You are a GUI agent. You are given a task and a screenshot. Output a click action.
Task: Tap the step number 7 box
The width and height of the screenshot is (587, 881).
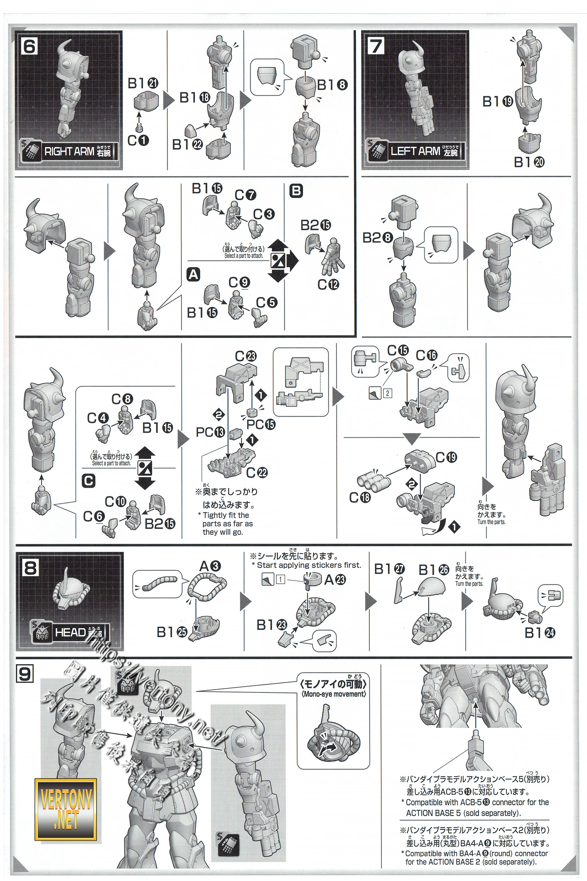[x=376, y=47]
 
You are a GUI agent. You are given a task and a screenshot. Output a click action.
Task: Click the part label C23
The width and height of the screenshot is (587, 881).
[x=245, y=355]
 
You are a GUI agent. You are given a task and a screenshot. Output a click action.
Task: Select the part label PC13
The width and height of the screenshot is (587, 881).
[x=210, y=432]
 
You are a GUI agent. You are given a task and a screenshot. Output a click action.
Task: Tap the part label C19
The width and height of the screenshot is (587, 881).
[x=446, y=457]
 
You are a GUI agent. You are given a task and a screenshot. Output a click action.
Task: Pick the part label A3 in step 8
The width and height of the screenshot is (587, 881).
[x=210, y=566]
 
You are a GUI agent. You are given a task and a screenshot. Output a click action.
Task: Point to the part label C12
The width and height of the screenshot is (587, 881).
[x=328, y=285]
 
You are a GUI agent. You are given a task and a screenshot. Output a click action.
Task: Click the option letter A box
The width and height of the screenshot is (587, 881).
[x=193, y=275]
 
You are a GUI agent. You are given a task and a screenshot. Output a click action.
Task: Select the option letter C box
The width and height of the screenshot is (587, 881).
[x=88, y=481]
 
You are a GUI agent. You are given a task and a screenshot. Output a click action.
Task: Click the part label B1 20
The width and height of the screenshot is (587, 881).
[x=529, y=162]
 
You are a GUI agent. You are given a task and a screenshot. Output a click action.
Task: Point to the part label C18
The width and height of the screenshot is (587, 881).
[x=360, y=497]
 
